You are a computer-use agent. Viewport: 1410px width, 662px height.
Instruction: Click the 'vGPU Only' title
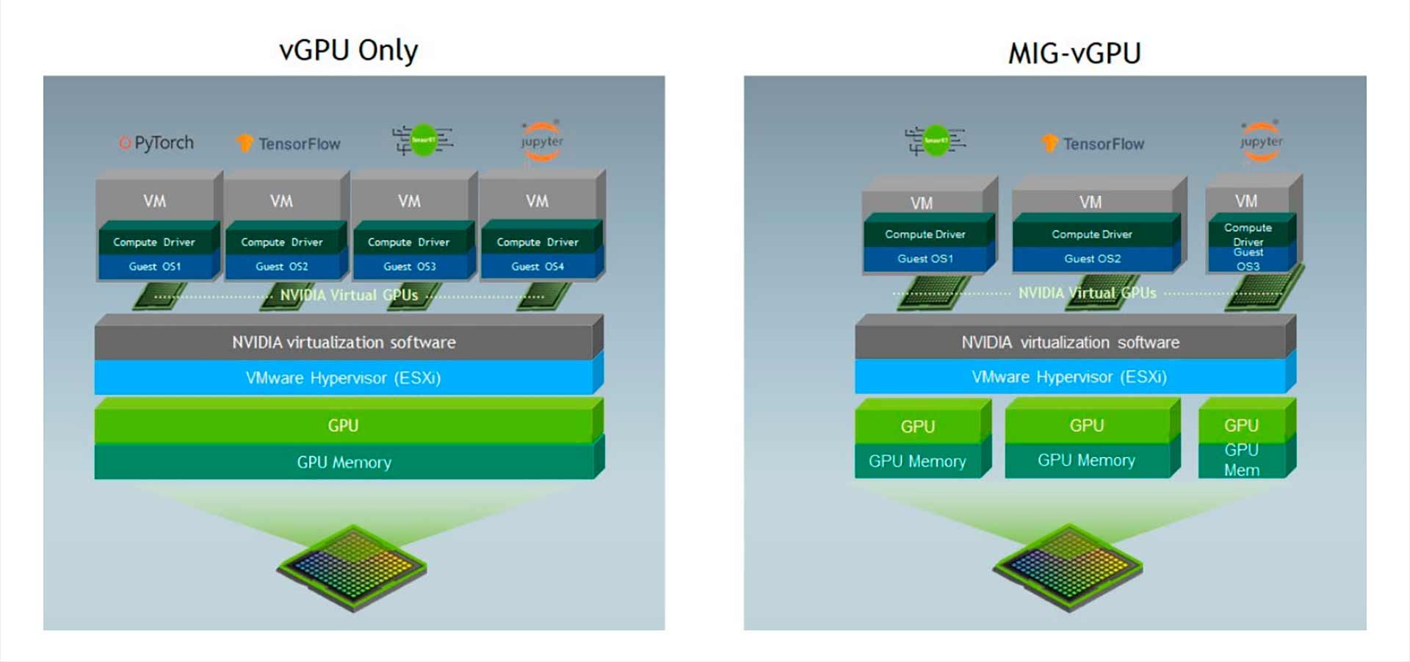click(x=348, y=51)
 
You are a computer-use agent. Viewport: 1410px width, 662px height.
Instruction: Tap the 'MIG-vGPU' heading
click(x=1074, y=54)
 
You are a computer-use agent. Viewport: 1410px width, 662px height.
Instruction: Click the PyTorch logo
click(x=156, y=143)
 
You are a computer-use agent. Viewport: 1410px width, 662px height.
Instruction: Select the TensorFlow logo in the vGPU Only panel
click(x=289, y=143)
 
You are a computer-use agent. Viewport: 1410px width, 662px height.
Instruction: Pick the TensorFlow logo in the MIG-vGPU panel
click(x=1093, y=143)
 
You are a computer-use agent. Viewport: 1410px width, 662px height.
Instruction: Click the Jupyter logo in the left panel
click(x=542, y=141)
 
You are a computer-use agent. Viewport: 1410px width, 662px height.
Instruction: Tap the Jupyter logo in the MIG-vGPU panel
click(x=1261, y=141)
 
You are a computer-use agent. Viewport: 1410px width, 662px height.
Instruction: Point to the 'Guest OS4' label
click(x=538, y=267)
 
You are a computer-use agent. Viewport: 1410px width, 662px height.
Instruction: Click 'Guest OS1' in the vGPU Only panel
click(x=154, y=267)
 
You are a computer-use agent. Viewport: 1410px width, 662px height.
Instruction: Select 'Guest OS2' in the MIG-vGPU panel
click(x=1092, y=259)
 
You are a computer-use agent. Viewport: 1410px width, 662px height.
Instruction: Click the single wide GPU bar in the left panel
click(x=343, y=425)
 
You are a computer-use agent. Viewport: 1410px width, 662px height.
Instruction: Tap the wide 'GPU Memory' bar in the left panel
click(x=344, y=462)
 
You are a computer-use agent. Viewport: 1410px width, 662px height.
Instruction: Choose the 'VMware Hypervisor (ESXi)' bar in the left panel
click(x=343, y=378)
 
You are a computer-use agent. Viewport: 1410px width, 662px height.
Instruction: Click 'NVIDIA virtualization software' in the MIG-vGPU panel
click(x=1070, y=342)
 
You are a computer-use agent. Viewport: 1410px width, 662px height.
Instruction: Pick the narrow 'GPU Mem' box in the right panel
click(x=1241, y=460)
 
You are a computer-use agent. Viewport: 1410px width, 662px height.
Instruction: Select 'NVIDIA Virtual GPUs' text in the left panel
click(x=349, y=295)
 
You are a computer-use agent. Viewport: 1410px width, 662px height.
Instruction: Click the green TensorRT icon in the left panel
click(x=423, y=140)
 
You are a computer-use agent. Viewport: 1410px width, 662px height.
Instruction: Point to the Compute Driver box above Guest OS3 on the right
click(x=1248, y=234)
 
